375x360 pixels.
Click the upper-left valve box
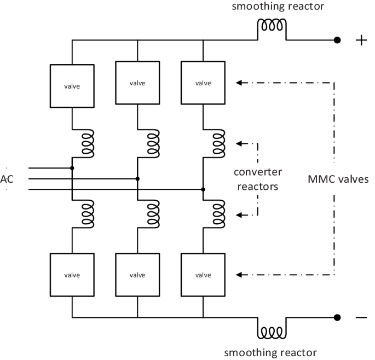point(72,86)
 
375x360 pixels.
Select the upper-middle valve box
point(137,83)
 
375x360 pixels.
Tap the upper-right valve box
point(203,83)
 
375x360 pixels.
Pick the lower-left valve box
point(72,275)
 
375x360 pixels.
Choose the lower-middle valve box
point(137,275)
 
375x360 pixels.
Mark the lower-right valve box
point(203,275)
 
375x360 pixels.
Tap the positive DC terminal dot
point(338,40)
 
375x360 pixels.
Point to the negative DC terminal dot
point(338,317)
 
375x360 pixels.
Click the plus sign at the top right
point(361,41)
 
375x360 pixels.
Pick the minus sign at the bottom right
point(361,318)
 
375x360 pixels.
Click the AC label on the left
point(8,179)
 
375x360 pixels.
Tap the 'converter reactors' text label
point(258,179)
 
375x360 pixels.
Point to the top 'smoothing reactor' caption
point(270,7)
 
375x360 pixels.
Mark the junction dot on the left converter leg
point(72,168)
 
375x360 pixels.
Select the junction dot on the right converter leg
point(203,189)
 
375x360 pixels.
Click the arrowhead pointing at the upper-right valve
point(239,83)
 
